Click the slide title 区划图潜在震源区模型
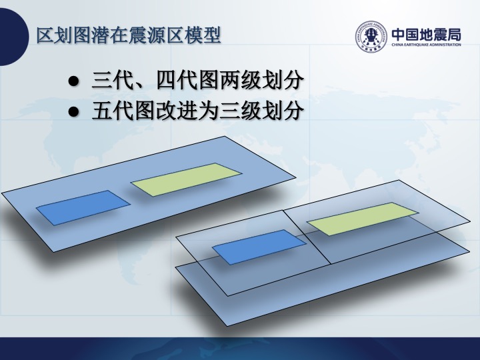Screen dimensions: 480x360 [129, 36]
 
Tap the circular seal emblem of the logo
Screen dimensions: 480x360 [371, 37]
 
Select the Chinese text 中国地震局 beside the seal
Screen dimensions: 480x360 [427, 34]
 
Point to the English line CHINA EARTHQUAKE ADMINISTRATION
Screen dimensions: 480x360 [427, 45]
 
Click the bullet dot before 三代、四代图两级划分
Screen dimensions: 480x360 [73, 81]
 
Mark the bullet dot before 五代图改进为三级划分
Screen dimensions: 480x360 [73, 111]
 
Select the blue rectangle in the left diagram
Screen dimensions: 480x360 [83, 208]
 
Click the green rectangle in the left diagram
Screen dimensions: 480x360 [186, 180]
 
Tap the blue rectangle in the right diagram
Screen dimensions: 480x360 [259, 247]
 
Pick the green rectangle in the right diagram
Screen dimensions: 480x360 [363, 219]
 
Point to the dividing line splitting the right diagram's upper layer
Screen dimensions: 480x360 [307, 237]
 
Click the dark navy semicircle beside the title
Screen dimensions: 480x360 [14, 37]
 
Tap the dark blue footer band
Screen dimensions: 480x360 [240, 349]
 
